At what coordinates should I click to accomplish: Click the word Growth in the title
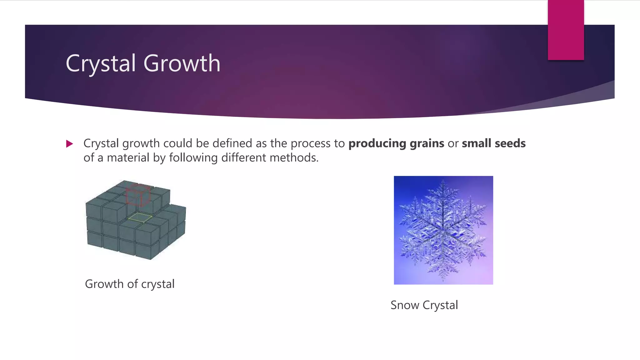coord(182,63)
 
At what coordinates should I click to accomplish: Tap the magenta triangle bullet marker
coord(69,144)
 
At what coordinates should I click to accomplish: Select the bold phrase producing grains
coord(396,143)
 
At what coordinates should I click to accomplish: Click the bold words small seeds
coord(493,143)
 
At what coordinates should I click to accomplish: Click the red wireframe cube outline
coord(138,195)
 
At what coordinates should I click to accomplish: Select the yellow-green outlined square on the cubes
coord(140,217)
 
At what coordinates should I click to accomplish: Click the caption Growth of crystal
coord(130,284)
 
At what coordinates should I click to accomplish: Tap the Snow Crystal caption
coord(424,305)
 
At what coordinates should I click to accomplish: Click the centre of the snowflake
coord(443,230)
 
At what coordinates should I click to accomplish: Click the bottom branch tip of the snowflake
coord(443,279)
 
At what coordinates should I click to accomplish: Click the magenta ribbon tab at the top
coord(566,30)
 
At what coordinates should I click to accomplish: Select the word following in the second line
coord(193,158)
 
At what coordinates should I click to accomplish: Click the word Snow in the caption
coord(405,305)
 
